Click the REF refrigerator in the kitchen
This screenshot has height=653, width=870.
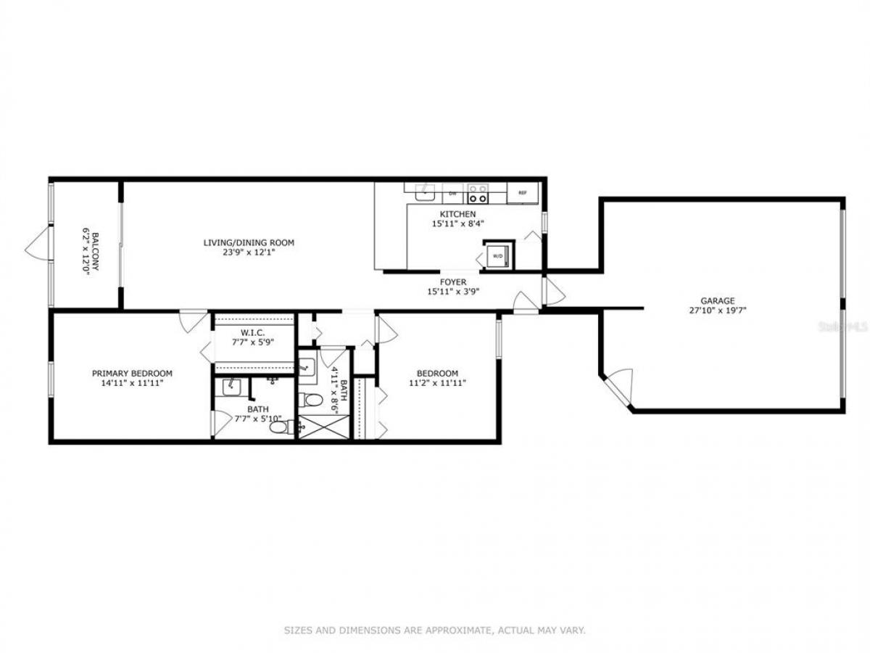(x=523, y=193)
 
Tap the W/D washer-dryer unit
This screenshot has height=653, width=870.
(x=498, y=256)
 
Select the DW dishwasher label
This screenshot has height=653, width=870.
(x=452, y=194)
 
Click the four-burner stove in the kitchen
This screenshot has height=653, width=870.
(x=478, y=193)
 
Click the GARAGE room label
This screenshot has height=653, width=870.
(x=718, y=301)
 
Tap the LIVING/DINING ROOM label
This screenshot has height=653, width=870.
(x=249, y=242)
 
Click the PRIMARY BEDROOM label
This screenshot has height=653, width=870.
(x=132, y=374)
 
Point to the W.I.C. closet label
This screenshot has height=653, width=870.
(x=252, y=332)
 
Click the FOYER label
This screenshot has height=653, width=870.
(x=453, y=282)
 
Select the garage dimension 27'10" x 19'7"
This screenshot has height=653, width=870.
(x=718, y=311)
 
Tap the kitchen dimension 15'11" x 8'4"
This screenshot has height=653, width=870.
(x=457, y=223)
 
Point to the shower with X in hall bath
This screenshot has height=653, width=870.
(x=324, y=427)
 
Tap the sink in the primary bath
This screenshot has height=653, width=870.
(x=232, y=387)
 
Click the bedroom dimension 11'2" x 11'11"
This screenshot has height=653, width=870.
(x=438, y=383)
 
